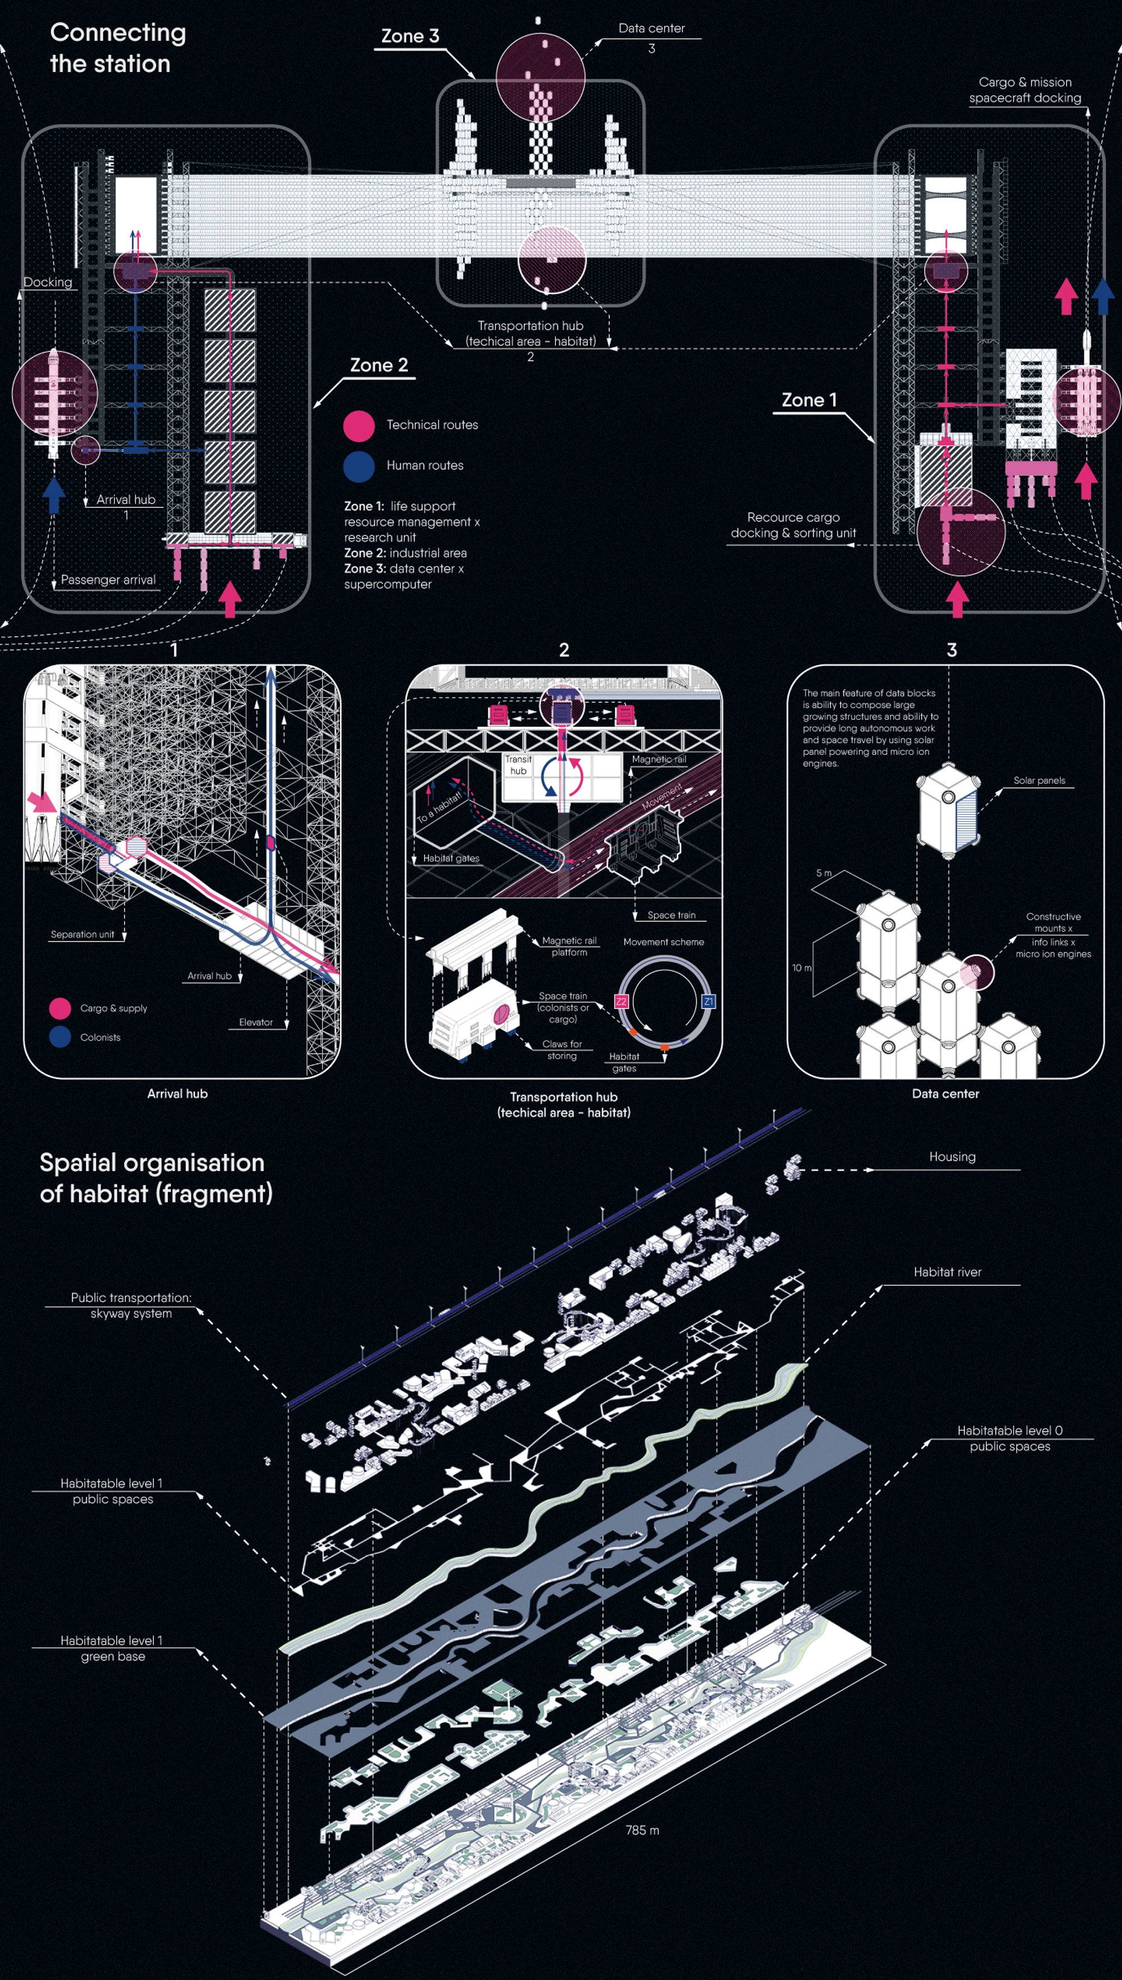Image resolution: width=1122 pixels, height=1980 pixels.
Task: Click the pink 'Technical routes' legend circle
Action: point(359,425)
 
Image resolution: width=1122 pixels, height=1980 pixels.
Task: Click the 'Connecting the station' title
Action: point(118,48)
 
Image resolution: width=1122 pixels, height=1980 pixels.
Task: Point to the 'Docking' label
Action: point(48,282)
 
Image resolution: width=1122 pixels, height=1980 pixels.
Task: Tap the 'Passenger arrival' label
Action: point(108,580)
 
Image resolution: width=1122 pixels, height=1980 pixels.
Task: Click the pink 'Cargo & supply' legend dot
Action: point(60,1008)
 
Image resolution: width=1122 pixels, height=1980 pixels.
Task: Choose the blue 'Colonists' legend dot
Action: point(60,1037)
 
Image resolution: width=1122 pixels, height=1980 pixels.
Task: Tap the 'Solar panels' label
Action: point(1039,780)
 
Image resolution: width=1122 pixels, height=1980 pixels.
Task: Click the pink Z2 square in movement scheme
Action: point(621,1001)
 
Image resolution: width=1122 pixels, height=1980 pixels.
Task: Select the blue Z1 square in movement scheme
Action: point(708,1001)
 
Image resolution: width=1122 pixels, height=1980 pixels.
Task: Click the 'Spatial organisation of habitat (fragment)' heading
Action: point(155,1177)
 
